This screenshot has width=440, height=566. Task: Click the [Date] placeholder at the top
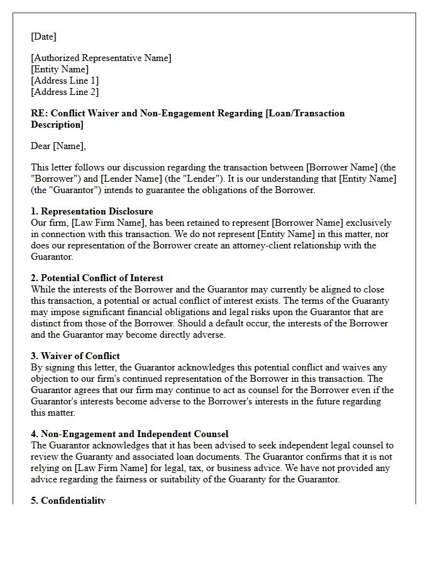point(43,36)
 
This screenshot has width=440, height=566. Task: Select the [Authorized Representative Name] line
point(101,58)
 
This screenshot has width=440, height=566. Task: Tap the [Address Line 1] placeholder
point(65,80)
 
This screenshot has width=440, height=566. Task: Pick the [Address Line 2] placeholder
point(65,92)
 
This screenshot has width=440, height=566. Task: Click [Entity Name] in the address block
point(60,69)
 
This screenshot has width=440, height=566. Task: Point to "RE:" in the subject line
point(38,113)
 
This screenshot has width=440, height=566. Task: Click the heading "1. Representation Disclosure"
point(92,211)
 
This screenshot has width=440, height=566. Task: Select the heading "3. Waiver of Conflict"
point(75,356)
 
